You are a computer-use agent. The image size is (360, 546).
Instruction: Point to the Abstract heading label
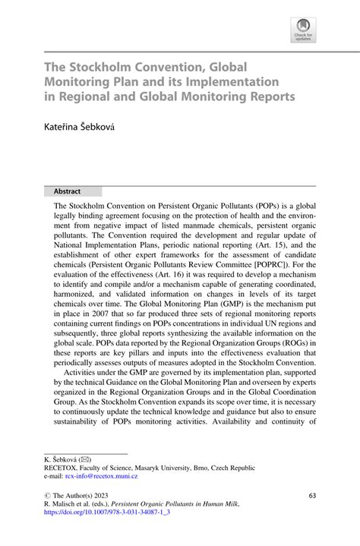coord(68,191)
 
